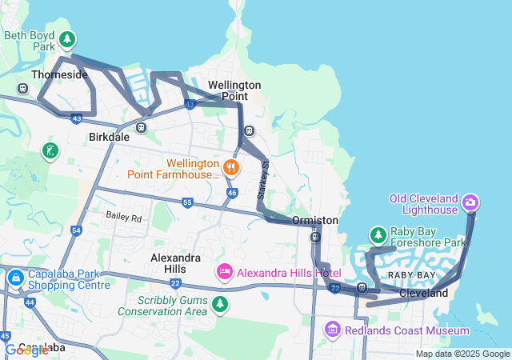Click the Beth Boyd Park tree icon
click(68, 38)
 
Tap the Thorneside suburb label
click(58, 74)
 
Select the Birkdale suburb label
click(109, 137)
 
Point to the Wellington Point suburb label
click(234, 90)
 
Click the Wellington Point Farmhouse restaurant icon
click(231, 167)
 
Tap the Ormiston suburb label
click(315, 220)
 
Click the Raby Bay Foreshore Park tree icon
click(378, 234)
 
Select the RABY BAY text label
click(411, 275)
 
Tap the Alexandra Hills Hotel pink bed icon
click(224, 273)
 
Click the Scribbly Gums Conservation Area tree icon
click(220, 304)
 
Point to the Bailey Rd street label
click(124, 218)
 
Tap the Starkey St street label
click(263, 184)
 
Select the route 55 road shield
click(187, 202)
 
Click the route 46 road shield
click(231, 193)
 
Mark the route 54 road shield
click(76, 230)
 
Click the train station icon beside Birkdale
click(141, 126)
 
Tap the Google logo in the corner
click(26, 350)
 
